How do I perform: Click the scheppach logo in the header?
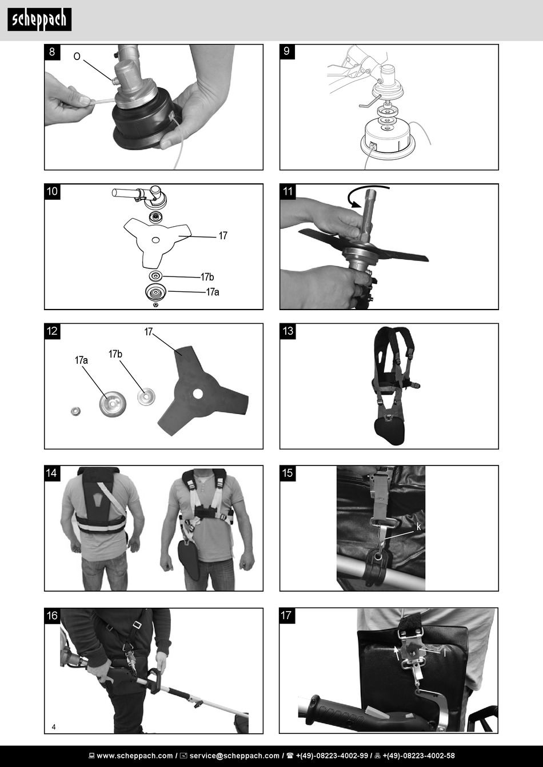click(39, 19)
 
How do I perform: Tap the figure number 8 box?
click(52, 52)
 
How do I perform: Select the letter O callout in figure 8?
click(77, 57)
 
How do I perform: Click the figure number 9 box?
click(287, 52)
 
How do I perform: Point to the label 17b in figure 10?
click(207, 276)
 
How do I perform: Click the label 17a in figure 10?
click(213, 292)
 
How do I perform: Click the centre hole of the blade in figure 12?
click(198, 393)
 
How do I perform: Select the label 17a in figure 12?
click(81, 360)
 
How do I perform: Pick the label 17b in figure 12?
click(115, 354)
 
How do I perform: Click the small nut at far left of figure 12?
click(75, 411)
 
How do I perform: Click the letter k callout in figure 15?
click(418, 527)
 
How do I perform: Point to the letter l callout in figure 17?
click(445, 653)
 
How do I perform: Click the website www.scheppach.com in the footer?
click(135, 756)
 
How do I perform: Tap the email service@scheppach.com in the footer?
click(234, 756)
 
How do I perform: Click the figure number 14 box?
click(52, 473)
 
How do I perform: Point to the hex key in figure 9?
click(369, 102)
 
